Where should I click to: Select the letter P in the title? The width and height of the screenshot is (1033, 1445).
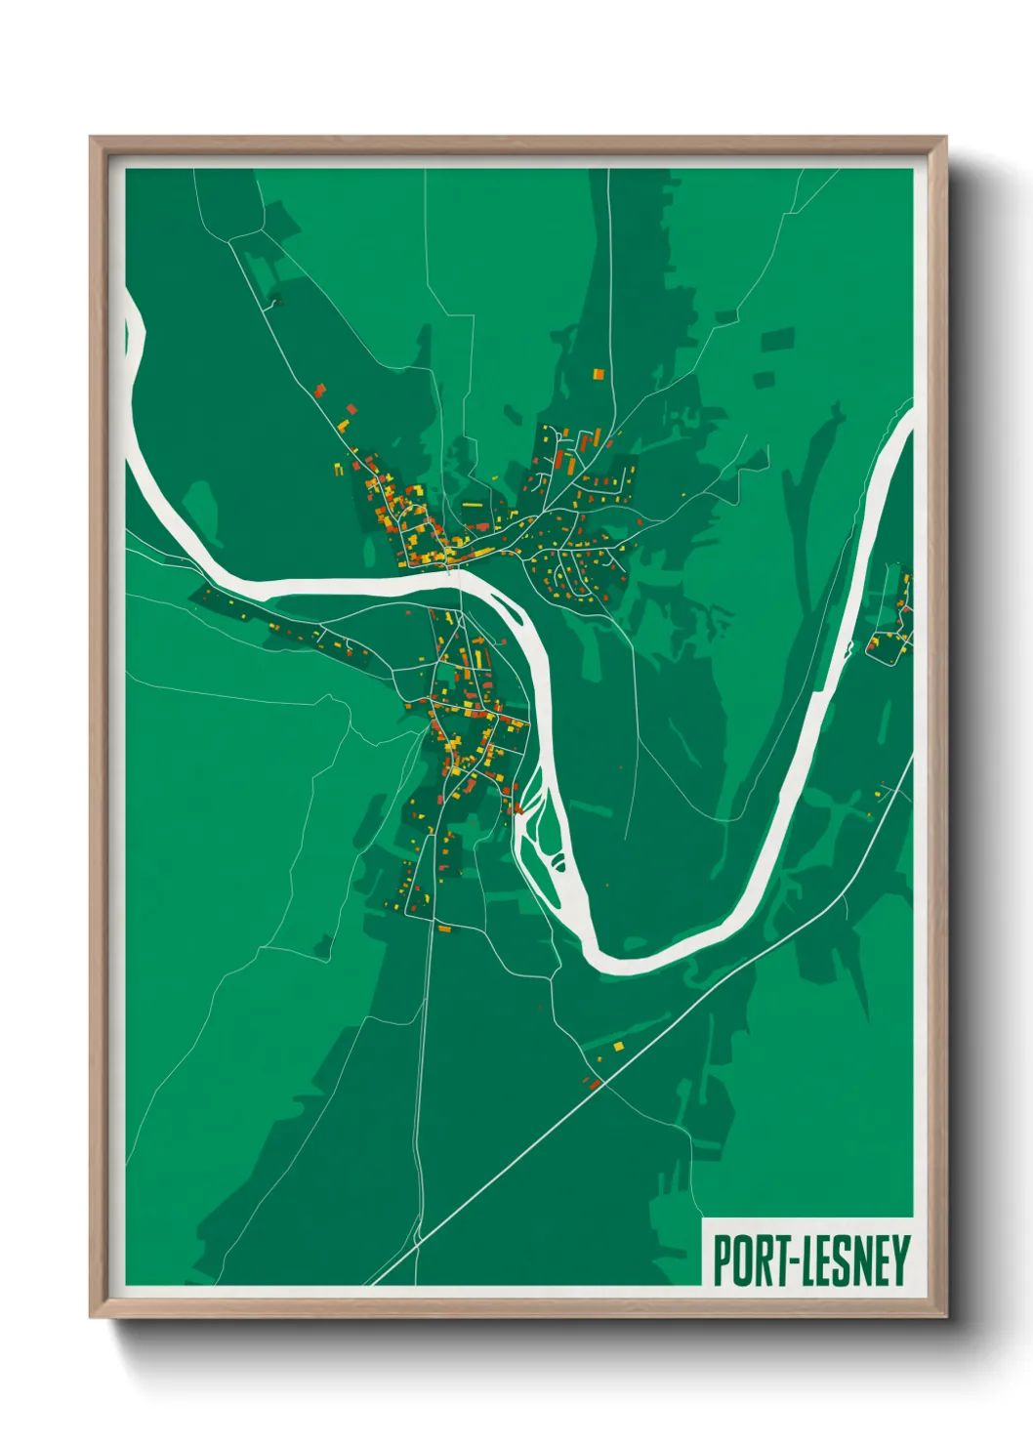723,1260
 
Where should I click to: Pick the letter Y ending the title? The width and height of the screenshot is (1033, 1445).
901,1260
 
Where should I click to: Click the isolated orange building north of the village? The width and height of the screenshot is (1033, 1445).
598,373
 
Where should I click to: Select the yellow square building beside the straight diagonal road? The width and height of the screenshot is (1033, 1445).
618,1047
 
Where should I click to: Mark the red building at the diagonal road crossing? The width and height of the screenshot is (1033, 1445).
593,1084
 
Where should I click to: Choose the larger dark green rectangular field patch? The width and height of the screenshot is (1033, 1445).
778,339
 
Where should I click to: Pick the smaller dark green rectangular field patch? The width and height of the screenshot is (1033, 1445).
764,379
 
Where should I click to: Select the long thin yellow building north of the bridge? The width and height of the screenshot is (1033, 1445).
472,505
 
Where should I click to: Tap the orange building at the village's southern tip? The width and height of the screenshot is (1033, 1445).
444,929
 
